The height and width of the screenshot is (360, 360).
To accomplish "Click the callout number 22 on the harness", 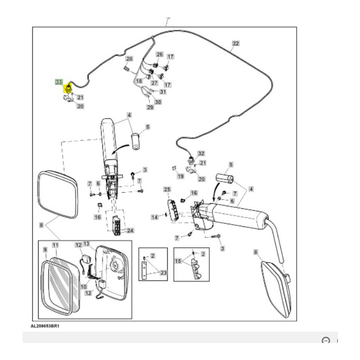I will coord(236,44).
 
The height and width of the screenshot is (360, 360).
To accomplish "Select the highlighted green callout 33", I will coord(59,82).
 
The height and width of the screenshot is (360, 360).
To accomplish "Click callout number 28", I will coord(129,58).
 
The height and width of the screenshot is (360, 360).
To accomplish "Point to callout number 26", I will coord(159,55).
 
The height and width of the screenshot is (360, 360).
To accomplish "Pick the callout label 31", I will coord(163,92).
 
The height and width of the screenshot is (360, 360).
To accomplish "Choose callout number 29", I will coord(150,107).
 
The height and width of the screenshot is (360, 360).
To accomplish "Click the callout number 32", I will coord(201,154).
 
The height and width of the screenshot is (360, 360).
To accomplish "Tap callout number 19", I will coord(181,176).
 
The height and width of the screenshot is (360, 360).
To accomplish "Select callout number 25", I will coord(167,190).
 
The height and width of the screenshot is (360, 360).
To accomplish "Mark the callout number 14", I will coord(154,218).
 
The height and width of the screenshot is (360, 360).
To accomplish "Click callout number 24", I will coord(130,230).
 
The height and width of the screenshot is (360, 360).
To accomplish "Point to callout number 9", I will coord(45,250).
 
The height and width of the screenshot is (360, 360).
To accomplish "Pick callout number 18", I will coord(139,82).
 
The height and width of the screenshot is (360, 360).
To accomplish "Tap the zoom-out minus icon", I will coord(325,340).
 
